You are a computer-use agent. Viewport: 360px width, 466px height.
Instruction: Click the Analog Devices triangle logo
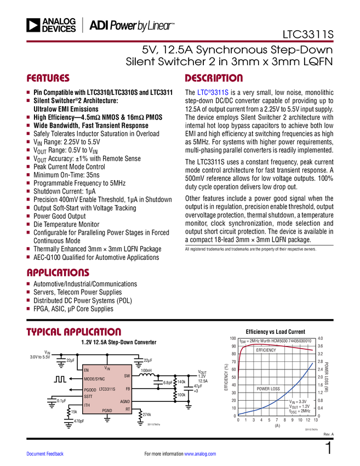coord(33,25)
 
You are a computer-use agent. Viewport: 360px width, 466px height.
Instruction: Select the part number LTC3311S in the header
coord(308,35)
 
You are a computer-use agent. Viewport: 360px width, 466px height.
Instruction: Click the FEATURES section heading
coord(48,78)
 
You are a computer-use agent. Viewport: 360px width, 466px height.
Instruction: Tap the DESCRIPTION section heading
coord(214,78)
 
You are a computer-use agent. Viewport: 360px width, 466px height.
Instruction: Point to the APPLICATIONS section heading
coord(58,272)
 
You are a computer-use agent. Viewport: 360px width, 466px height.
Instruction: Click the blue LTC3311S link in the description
coord(213,93)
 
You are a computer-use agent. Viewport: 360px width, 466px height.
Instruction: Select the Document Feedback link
coord(45,454)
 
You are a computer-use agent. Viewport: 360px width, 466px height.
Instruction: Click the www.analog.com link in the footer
coord(200,454)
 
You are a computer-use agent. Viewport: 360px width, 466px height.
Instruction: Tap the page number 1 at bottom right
coord(329,448)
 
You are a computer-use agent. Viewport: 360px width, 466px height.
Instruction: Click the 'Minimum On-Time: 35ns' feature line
coord(66,175)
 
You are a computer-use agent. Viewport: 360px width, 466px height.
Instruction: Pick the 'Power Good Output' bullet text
coord(59,216)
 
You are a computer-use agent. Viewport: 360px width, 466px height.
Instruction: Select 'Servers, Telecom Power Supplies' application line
coord(77,292)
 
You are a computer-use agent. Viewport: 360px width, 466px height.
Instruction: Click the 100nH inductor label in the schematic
coord(146,371)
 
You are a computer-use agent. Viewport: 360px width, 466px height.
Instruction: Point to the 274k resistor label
coord(147,414)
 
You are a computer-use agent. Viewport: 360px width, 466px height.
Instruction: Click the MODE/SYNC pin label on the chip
coord(94,379)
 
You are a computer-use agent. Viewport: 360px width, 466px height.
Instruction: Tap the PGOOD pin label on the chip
coord(90,390)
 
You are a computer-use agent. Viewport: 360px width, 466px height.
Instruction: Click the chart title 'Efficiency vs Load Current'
coord(276,332)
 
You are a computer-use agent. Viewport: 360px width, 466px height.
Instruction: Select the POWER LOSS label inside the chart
coord(268,389)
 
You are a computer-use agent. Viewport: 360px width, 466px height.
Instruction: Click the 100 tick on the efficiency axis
coord(233,338)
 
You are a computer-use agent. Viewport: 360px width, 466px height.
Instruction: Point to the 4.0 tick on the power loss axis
coord(320,338)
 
